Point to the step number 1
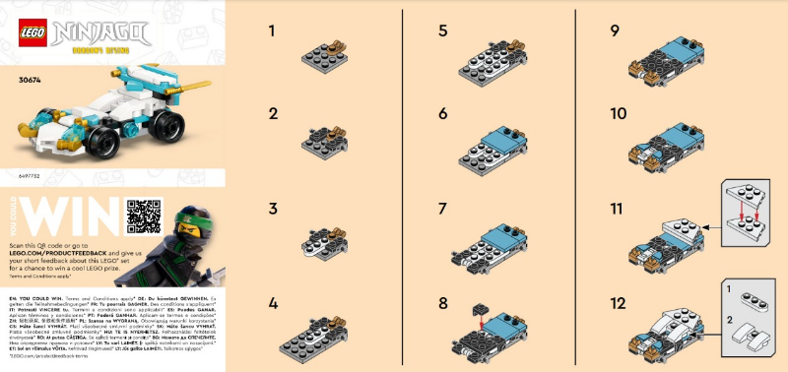pyautogui.click(x=272, y=31)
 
